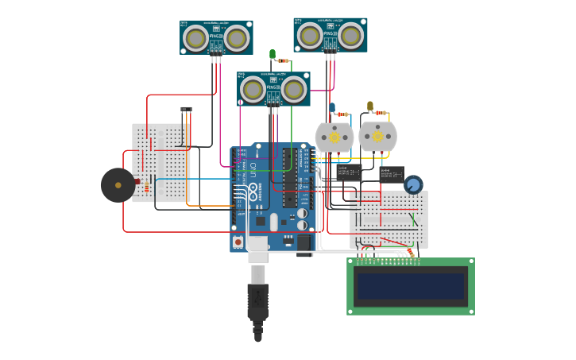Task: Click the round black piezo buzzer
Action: (118, 185)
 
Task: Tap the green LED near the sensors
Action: (273, 55)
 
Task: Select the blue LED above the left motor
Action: (332, 107)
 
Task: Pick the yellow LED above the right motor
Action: (369, 106)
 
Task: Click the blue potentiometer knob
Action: (413, 185)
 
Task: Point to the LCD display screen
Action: (411, 286)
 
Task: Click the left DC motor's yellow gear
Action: (334, 137)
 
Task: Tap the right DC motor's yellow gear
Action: (377, 137)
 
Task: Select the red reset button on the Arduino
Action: (238, 241)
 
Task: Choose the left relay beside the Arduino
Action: (349, 172)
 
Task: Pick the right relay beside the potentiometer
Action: (392, 174)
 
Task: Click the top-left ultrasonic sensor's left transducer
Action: (195, 37)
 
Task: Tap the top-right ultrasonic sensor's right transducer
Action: (350, 35)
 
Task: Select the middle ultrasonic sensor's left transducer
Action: (253, 89)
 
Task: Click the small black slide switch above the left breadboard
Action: (186, 110)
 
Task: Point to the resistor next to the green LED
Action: (283, 60)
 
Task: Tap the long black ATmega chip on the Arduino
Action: (290, 178)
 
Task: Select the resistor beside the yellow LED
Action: (381, 113)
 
